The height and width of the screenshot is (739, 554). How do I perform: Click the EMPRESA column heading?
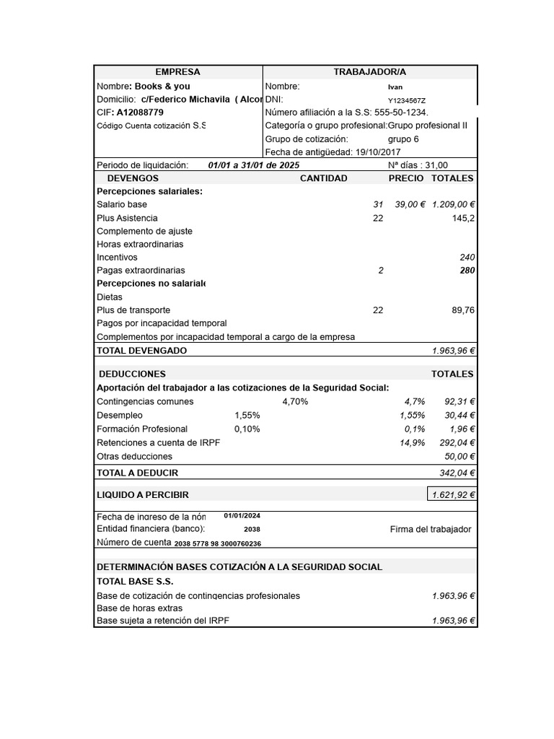[x=178, y=72]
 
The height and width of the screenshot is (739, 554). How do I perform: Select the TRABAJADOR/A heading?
[x=369, y=72]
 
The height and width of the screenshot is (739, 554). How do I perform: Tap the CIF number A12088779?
[x=140, y=113]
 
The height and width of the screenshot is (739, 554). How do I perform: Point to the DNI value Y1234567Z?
[x=407, y=100]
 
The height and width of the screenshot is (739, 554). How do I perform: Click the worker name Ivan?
[x=395, y=87]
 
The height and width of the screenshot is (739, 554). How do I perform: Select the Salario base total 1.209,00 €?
[x=453, y=205]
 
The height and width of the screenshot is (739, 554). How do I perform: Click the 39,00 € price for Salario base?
[x=410, y=205]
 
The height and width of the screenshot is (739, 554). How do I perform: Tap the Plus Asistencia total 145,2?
[x=463, y=218]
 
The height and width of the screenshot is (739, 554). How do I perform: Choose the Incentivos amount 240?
[x=467, y=258]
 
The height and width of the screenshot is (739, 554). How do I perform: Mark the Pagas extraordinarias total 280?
[x=467, y=271]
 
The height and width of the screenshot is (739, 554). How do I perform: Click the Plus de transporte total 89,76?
[x=462, y=310]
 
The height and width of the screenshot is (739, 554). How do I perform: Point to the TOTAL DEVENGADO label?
[x=141, y=351]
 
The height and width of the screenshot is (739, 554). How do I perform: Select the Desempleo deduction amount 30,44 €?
[x=460, y=416]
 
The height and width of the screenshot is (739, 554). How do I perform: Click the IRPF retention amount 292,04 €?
[x=457, y=442]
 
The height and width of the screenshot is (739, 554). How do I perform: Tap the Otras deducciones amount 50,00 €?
[x=460, y=456]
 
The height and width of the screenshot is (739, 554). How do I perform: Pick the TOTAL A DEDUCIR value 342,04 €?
[x=457, y=473]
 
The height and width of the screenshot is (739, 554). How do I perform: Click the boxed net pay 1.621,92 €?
[x=453, y=495]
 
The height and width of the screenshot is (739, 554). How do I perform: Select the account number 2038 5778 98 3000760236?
[x=218, y=543]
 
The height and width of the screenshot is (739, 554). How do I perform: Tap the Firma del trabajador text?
[x=430, y=529]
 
